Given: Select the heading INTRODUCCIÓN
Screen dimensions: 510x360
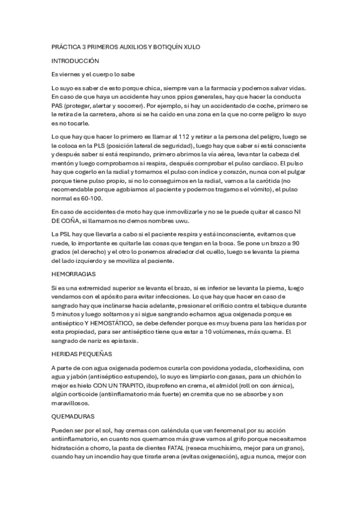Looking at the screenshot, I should (75, 61).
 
